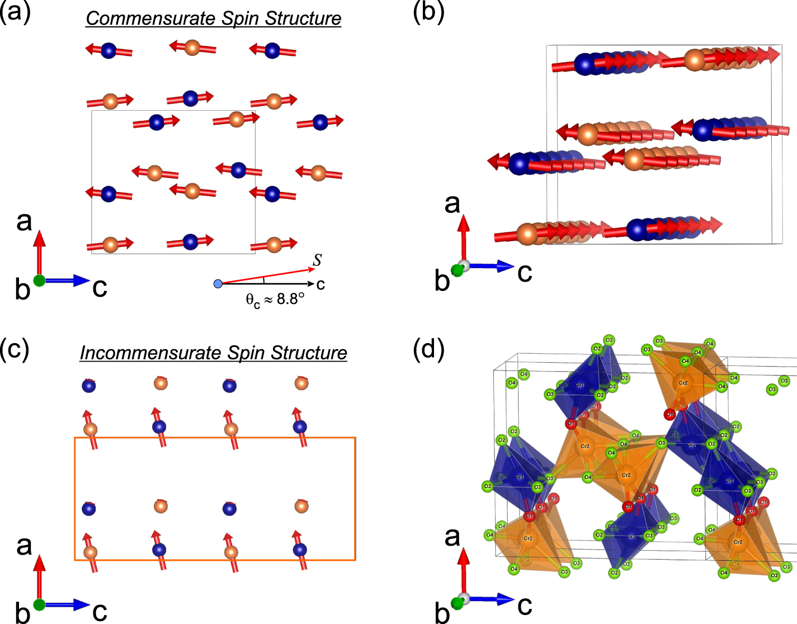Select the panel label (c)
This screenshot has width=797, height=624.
(x=15, y=349)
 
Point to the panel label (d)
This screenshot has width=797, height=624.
(x=428, y=349)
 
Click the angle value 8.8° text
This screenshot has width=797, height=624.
(x=290, y=299)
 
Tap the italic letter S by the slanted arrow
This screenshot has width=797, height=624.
(x=318, y=260)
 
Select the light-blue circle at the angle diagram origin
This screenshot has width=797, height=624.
(x=218, y=284)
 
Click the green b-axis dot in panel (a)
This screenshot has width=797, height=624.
(x=39, y=280)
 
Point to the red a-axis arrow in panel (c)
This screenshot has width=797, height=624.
(x=39, y=576)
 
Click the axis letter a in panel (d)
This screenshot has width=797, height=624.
(x=452, y=537)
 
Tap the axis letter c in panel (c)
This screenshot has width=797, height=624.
(x=100, y=612)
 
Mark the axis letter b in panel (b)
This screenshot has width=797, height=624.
(x=442, y=281)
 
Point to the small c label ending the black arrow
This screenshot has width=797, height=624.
(x=320, y=285)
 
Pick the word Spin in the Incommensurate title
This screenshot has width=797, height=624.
(x=246, y=353)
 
